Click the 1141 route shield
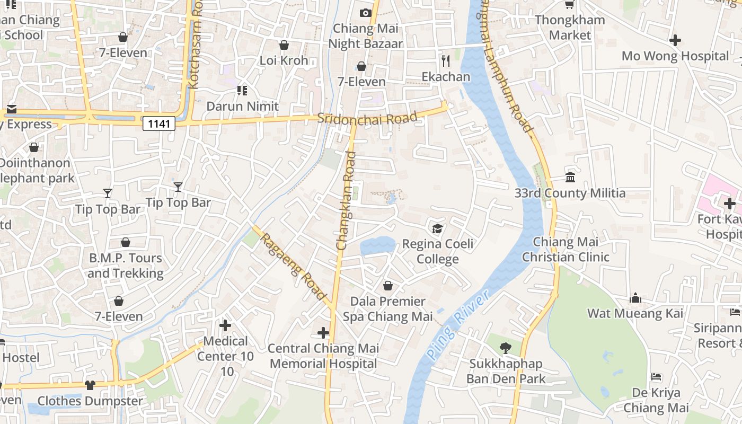coord(159,124)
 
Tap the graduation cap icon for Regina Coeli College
coord(437,228)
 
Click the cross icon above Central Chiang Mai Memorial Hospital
coord(323,333)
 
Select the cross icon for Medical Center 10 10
coord(225,325)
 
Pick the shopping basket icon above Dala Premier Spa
coord(388,286)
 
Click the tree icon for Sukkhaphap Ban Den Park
coord(506,348)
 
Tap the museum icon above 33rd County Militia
coord(570,177)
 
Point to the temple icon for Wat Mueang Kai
coord(635,298)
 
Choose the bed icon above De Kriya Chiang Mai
coord(656,377)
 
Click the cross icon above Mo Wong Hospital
coord(675,40)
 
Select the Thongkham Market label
coord(570,28)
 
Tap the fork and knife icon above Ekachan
coord(446,61)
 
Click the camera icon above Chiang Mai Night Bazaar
coord(365,13)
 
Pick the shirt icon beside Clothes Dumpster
coord(90,385)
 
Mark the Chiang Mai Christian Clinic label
coord(566,250)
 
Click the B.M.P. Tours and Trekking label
coord(126,266)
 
